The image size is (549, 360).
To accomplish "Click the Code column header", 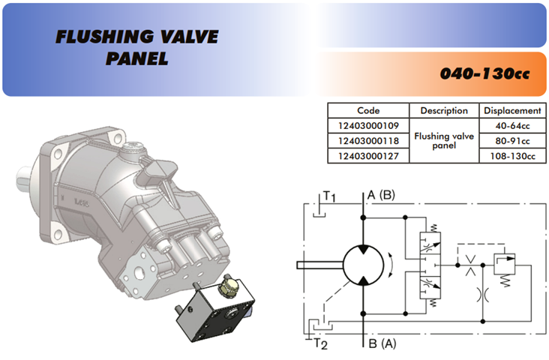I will tap(367, 111).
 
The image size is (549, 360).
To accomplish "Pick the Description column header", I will tap(444, 111).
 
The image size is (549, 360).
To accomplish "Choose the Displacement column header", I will tap(512, 111).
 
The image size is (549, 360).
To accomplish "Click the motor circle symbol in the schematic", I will tap(364, 264).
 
